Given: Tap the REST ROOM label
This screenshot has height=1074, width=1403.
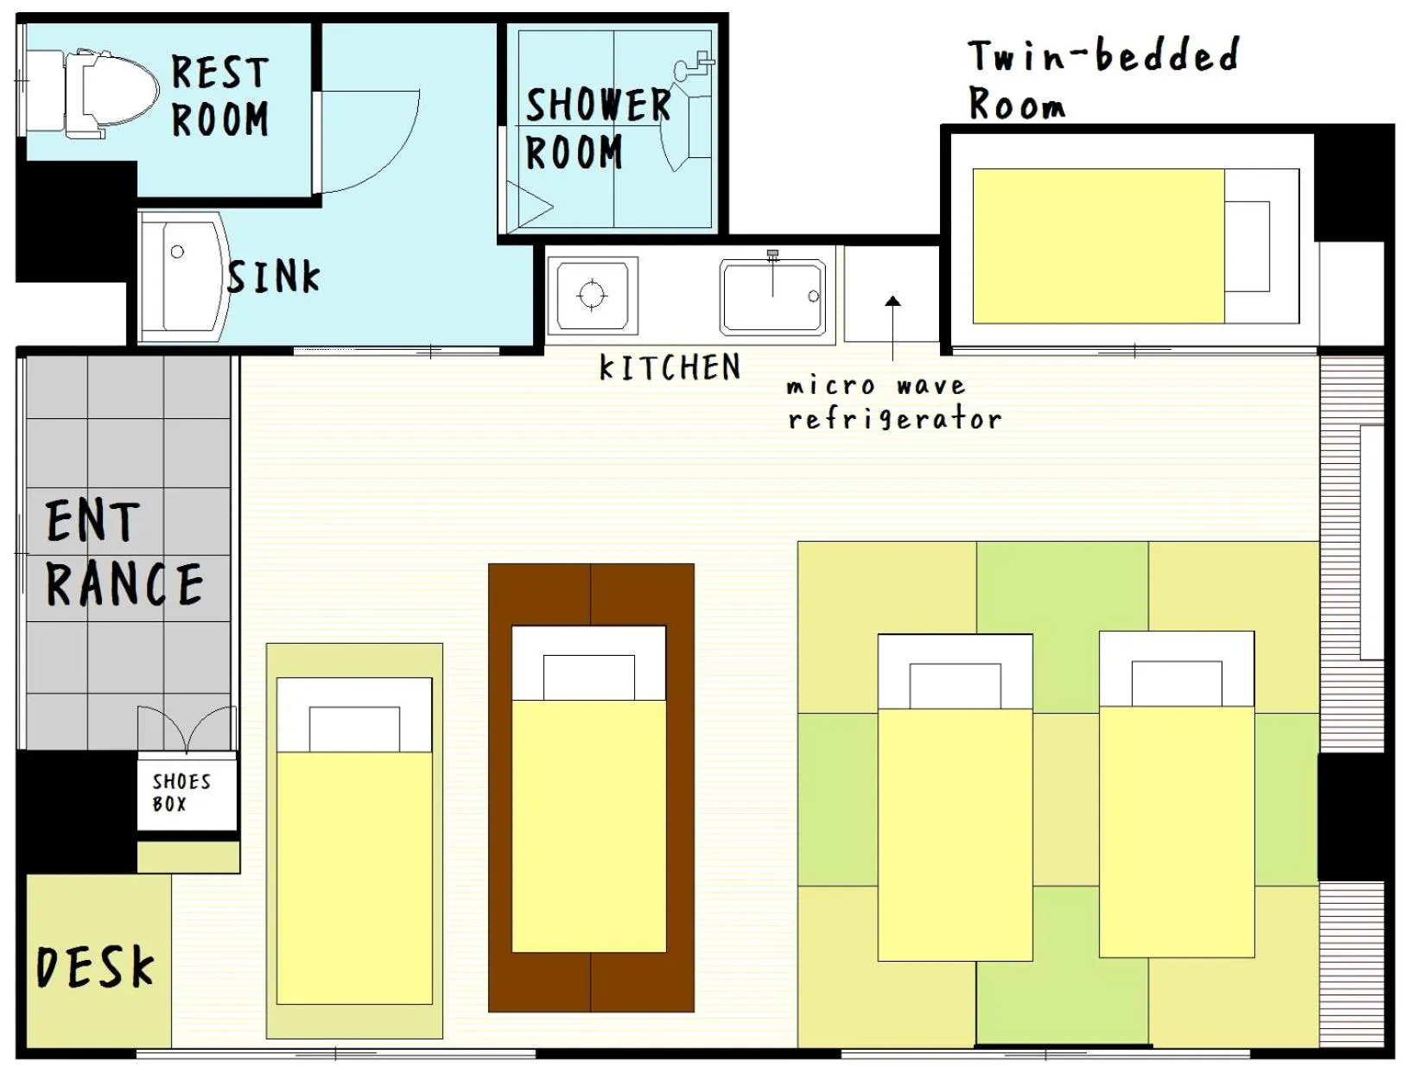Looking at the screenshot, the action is pos(220,96).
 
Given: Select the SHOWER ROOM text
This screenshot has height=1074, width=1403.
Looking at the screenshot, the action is pos(597,129).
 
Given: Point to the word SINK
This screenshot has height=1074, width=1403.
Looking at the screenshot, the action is pos(273,276).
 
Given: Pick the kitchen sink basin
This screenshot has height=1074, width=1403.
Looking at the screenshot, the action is pos(772,296).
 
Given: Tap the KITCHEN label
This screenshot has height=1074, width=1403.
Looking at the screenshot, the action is pos(670,367).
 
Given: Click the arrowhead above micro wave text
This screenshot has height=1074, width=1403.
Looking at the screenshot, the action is pos(892,301).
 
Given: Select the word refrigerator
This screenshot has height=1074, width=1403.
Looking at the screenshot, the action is pos(894,420).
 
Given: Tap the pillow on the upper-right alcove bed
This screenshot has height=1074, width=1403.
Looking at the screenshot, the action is pos(1247,246).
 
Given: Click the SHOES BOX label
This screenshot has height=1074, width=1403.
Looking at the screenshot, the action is pos(181,792).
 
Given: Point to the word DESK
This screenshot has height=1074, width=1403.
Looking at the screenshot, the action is pos(95,967).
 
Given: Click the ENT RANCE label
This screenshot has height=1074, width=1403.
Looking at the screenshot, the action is pos(124,553).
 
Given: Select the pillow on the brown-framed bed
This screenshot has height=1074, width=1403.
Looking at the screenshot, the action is pos(588,677).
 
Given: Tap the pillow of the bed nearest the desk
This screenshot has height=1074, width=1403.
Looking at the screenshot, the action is pos(354,728).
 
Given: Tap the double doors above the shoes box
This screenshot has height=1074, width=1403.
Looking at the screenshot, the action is pos(187,728).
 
